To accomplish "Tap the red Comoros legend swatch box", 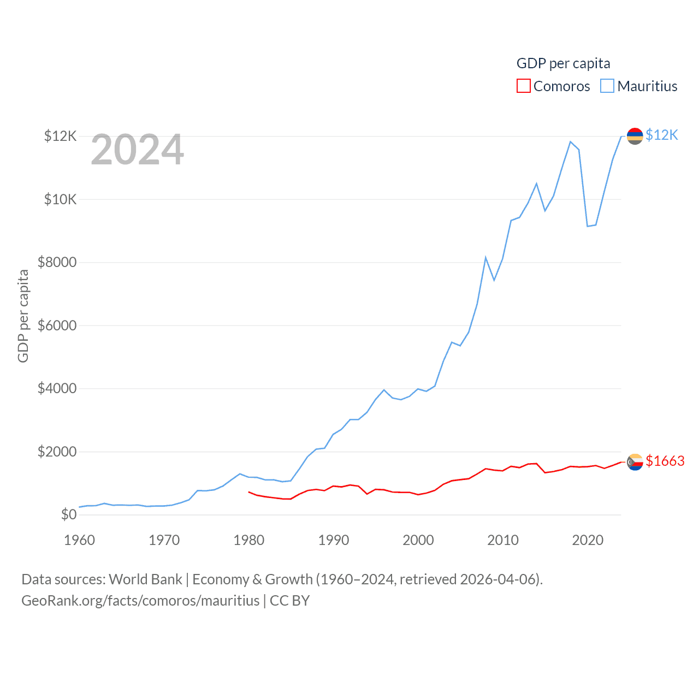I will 523,86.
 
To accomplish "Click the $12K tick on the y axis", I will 61,136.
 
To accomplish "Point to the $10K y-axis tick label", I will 61,199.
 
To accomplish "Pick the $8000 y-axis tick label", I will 57,263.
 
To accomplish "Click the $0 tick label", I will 69,514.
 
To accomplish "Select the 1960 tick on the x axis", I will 80,540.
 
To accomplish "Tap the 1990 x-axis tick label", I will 334,540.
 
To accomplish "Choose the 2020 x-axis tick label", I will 588,540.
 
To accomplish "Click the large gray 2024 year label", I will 137,150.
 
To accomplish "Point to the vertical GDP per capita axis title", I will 23,316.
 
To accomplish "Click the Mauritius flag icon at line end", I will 635,135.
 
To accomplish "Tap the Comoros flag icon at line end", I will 635,462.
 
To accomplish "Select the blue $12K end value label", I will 661,135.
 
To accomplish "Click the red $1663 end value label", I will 665,461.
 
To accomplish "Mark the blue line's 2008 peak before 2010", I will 485,257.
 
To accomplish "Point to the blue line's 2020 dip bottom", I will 588,226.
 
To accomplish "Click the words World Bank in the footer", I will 145,579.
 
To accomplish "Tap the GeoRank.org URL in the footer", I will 140,601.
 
